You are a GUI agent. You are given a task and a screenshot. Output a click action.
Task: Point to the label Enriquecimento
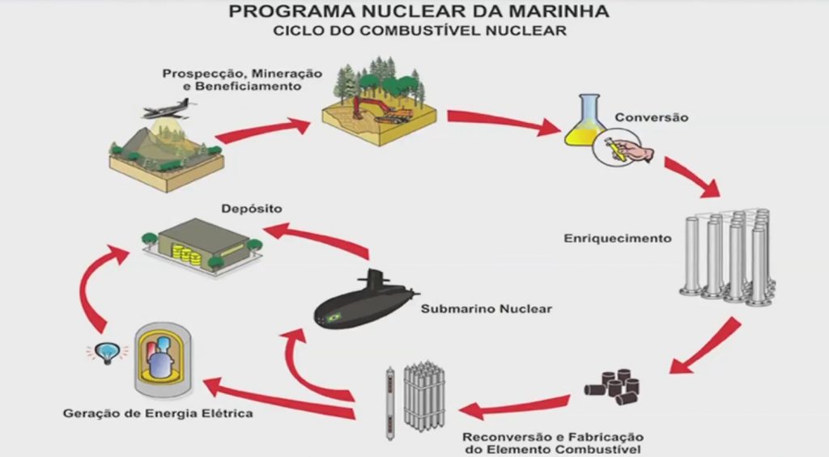pos(618,239)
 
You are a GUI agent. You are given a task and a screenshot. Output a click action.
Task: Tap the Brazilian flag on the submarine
pos(334,318)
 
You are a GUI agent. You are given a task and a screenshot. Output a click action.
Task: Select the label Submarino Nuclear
pos(486,308)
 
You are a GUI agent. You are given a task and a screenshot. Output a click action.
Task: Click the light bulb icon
pos(108,353)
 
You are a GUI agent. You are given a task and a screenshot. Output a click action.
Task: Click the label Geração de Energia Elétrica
pos(158,413)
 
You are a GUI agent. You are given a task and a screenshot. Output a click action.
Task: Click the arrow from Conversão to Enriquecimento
pos(692,177)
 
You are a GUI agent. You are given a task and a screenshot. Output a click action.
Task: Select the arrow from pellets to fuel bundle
pos(516,405)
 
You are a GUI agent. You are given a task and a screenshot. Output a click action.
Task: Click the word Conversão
pos(652,117)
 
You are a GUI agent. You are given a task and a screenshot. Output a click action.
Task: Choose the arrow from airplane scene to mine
pos(263,132)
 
